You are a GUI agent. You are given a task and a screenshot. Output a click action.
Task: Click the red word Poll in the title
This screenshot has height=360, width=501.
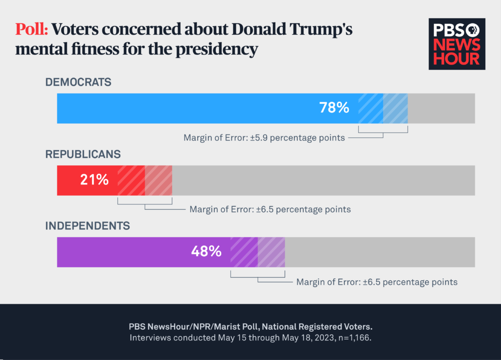click(x=31, y=30)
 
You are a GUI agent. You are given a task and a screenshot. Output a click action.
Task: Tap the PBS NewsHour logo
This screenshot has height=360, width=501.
click(x=457, y=44)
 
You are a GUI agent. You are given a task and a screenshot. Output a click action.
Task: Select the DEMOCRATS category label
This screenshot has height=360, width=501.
click(x=78, y=82)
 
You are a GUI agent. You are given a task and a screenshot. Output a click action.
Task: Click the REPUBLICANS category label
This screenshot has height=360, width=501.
click(x=83, y=154)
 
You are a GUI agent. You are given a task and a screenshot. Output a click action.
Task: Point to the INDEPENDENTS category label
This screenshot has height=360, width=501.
click(x=88, y=226)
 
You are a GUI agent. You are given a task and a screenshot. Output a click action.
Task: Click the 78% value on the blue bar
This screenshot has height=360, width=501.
click(x=334, y=108)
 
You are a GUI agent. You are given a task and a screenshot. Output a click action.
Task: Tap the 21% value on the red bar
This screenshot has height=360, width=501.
click(x=94, y=180)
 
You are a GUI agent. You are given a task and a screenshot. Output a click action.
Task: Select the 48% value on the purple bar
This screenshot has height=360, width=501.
click(x=206, y=252)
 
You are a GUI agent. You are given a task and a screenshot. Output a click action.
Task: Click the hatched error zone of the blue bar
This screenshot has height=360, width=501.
click(x=383, y=108)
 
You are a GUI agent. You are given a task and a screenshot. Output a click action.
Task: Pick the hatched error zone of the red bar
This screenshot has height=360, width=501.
click(x=145, y=180)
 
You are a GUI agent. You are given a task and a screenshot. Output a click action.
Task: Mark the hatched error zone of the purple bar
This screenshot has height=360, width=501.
click(x=258, y=252)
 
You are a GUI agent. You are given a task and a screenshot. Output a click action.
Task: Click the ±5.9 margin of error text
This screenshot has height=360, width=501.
click(x=264, y=138)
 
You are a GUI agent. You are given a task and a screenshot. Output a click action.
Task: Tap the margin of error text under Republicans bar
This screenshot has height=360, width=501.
click(x=270, y=210)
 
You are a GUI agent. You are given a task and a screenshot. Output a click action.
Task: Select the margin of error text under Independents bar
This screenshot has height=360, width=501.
click(x=377, y=282)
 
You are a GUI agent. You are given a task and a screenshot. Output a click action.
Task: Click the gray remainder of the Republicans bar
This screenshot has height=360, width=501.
click(x=323, y=180)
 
